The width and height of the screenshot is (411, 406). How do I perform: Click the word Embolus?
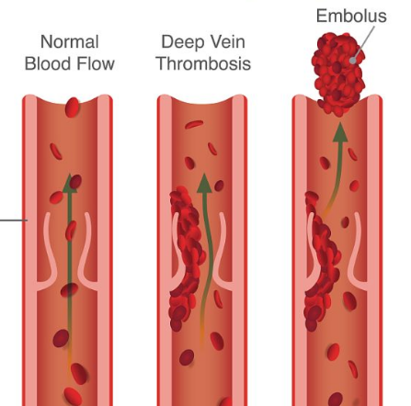[x=351, y=16]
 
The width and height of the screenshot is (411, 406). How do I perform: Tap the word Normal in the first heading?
[x=70, y=42]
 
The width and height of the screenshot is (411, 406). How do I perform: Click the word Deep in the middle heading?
[x=180, y=42]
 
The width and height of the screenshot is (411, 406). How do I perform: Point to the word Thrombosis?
[x=203, y=64]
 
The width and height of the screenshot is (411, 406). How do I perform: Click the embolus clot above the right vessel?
[x=338, y=73]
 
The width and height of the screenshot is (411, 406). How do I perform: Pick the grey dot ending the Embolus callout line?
[x=353, y=61]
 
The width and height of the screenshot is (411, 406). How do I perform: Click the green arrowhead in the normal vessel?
[x=70, y=184]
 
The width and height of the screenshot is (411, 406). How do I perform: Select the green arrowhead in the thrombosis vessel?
[x=204, y=183]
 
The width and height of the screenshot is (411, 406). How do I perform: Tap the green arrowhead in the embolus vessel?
[x=340, y=132]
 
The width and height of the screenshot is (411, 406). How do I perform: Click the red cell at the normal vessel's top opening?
[x=73, y=107]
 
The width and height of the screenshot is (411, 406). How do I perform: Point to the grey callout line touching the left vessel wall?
[x=14, y=220]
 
